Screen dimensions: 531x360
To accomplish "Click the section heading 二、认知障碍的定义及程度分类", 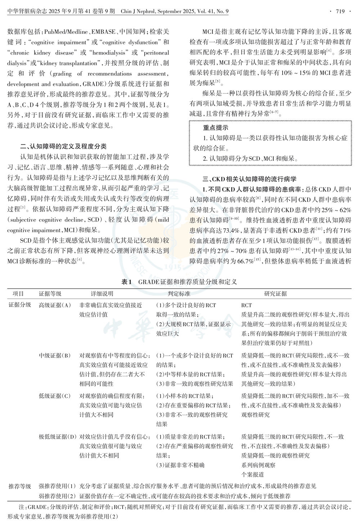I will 63,146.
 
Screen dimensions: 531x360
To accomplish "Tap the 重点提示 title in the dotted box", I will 215,128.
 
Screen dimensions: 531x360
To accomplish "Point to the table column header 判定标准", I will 179,294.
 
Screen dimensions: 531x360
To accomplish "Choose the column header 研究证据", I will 275,294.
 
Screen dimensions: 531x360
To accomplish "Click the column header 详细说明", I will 102,294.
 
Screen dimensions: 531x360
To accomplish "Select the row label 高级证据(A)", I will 55,305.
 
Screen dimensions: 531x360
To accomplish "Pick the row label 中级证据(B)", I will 55,355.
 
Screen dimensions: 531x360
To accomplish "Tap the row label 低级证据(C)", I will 55,396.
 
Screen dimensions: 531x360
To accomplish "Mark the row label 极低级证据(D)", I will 58,437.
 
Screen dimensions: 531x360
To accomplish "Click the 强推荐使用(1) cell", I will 58,486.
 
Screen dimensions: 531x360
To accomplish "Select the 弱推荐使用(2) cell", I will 58,496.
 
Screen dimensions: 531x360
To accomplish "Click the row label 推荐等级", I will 20,486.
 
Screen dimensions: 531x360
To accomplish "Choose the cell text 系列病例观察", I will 258,465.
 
